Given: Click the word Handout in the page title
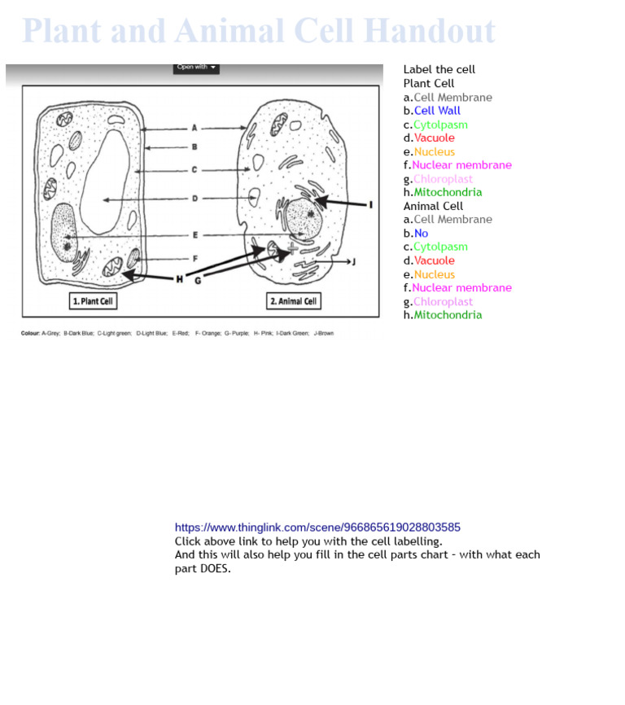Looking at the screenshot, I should click(x=429, y=31).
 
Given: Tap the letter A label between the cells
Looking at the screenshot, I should click(x=194, y=128).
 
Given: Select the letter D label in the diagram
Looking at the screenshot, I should click(x=194, y=199).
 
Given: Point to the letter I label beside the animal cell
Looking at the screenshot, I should click(x=371, y=204).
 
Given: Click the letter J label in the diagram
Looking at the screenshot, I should click(x=353, y=262).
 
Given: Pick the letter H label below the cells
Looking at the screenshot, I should click(x=179, y=279).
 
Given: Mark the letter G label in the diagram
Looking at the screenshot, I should click(x=198, y=280).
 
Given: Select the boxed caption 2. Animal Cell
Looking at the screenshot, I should click(x=294, y=301).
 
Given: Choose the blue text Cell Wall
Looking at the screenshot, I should click(x=437, y=111).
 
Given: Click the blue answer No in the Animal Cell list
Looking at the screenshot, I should click(x=421, y=234).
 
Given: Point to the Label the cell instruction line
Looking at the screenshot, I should click(x=439, y=70).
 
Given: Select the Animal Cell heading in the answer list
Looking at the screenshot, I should click(x=433, y=206).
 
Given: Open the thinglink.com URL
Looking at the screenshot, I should click(x=317, y=528).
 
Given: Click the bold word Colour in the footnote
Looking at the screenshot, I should click(x=30, y=333).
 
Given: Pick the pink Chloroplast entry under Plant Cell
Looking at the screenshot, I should click(x=443, y=179).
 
